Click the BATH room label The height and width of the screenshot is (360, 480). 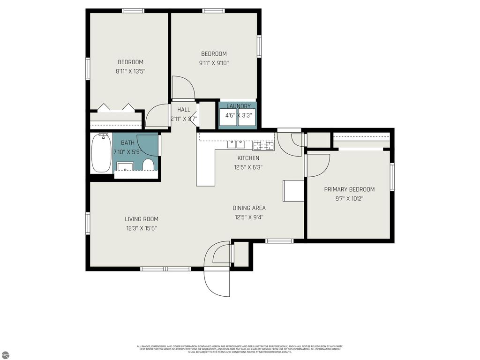coord(127,142)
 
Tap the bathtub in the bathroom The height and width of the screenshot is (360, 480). coord(101,153)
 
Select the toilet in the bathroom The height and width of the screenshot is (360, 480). coord(148,165)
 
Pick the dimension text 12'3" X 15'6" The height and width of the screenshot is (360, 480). coord(141,228)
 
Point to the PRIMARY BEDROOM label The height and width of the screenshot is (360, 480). coord(349,189)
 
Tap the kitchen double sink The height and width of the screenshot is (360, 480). coord(236,143)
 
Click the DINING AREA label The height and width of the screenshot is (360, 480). coord(249,208)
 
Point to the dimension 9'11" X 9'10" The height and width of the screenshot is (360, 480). coord(214,63)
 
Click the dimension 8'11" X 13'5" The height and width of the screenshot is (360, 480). coord(130,72)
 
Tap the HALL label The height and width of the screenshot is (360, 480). coord(183,110)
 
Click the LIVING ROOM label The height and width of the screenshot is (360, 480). coord(141,219)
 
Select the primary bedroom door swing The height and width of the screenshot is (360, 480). coord(317,165)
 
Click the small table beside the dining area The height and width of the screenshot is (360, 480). coord(293,190)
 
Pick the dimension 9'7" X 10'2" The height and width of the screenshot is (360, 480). coord(349,198)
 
